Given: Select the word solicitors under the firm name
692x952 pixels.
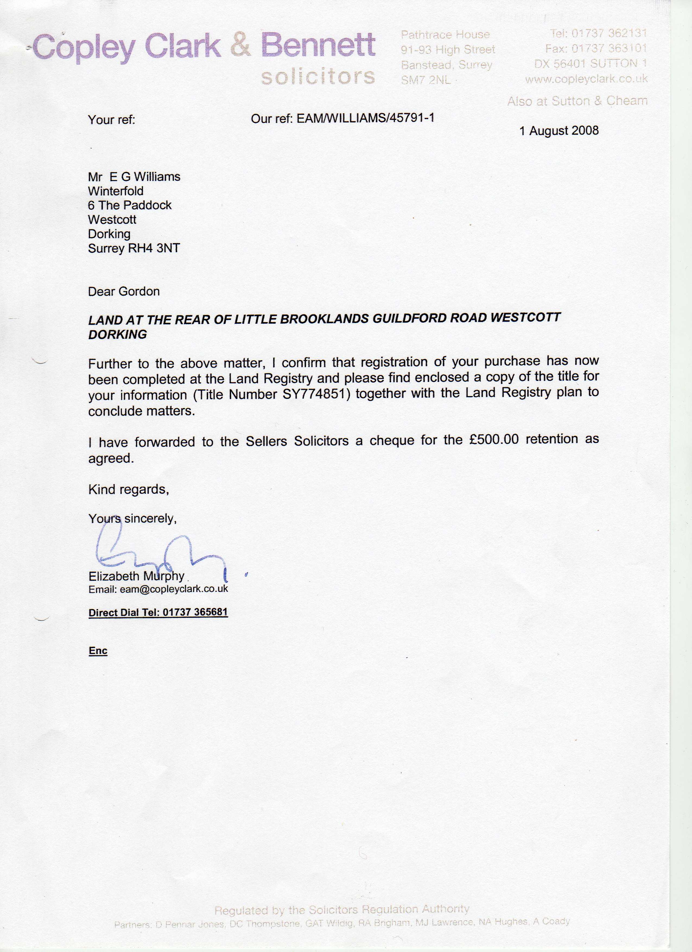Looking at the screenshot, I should [318, 77].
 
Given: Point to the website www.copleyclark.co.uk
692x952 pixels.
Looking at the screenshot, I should [586, 79].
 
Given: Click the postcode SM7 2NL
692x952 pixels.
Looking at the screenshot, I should [425, 80].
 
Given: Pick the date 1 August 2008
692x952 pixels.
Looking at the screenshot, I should [559, 131].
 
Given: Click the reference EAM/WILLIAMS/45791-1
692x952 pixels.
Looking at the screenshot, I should [365, 118].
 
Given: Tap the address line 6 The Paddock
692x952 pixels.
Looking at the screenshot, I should [130, 205].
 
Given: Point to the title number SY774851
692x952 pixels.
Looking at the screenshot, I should [316, 394].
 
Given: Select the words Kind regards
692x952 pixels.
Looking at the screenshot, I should [128, 489].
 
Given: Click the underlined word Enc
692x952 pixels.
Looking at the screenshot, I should [98, 651].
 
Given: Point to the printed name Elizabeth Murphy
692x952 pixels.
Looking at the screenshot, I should [137, 576].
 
